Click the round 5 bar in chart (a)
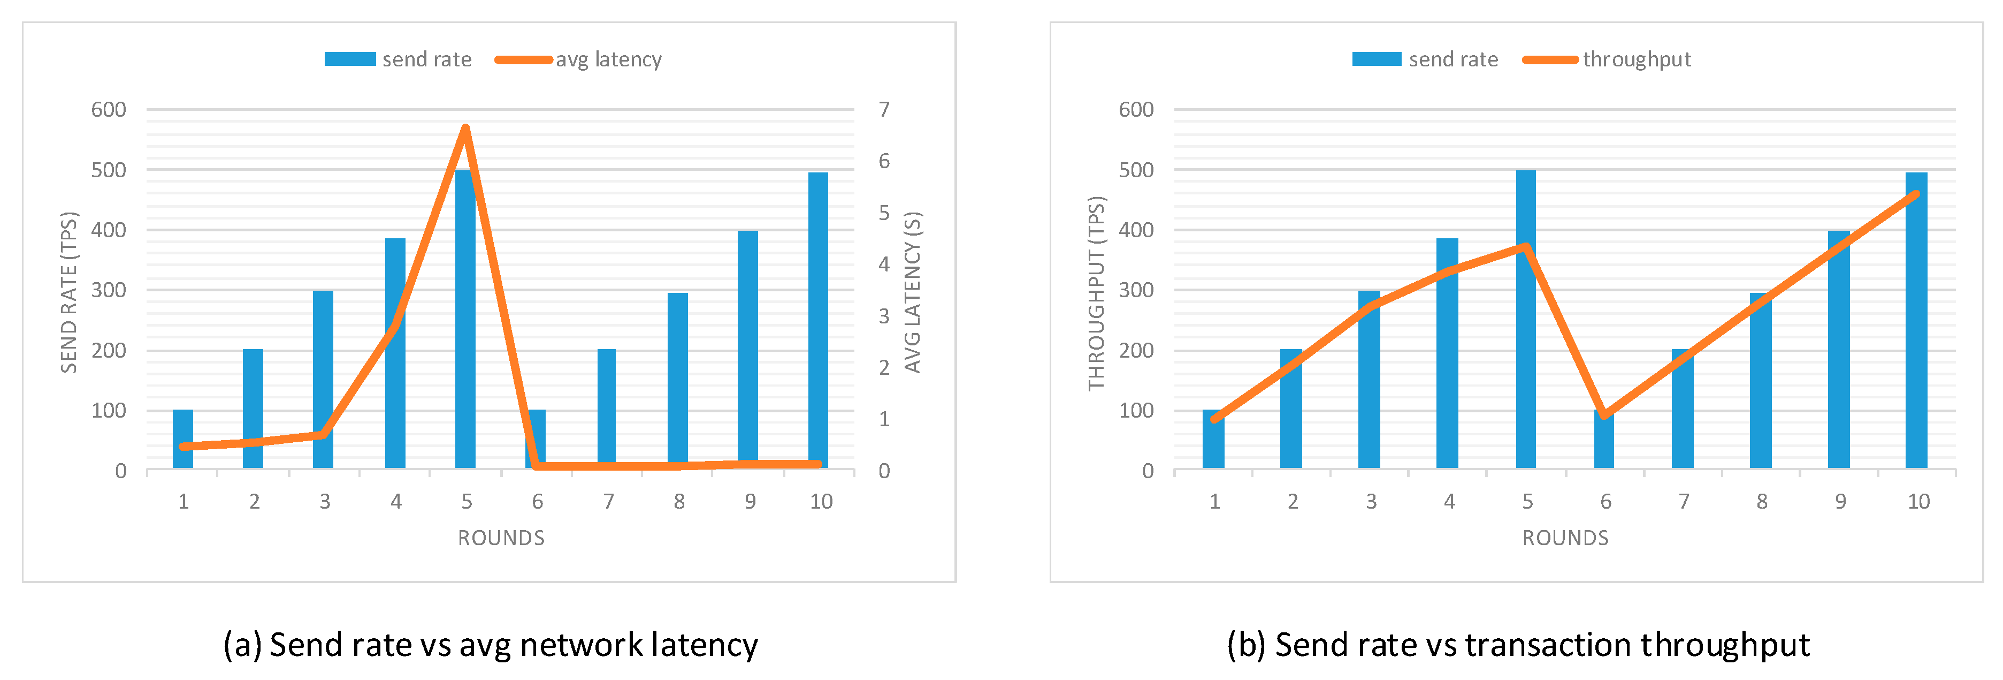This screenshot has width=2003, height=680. (465, 327)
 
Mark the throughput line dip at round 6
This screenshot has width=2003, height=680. (1604, 414)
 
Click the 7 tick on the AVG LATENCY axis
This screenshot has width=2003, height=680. (884, 110)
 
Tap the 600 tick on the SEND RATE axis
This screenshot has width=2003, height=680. (109, 110)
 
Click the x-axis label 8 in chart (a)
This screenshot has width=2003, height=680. (679, 502)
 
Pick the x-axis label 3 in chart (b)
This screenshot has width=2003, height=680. (1371, 502)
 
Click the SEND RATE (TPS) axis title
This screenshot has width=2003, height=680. (69, 292)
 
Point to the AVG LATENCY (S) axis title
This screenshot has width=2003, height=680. (912, 292)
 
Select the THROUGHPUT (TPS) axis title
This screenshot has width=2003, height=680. (1096, 293)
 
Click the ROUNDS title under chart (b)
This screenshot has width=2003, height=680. (1564, 538)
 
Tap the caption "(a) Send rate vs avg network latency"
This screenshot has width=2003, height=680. (491, 645)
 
